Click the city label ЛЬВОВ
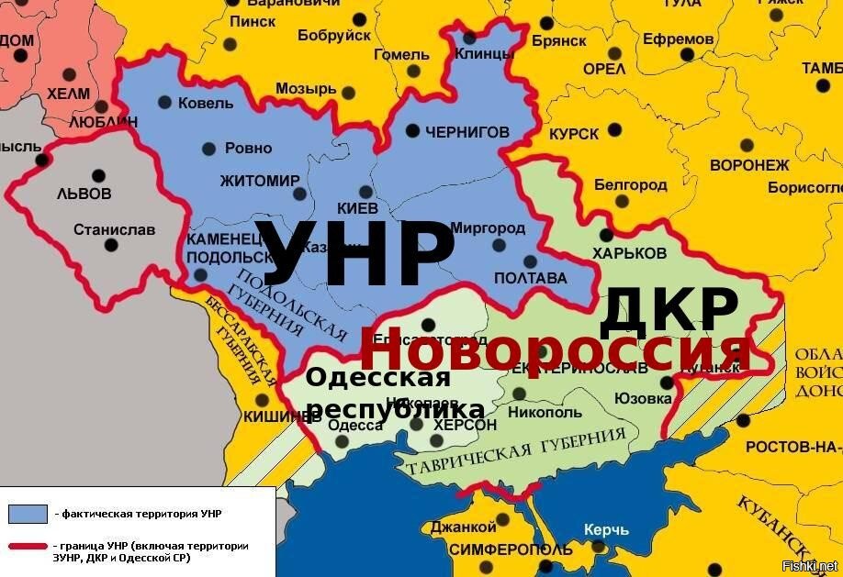[84, 194]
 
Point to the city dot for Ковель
[164, 102]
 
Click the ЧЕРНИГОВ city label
[466, 132]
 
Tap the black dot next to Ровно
[208, 148]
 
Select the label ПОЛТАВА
[531, 278]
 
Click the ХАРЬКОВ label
[629, 252]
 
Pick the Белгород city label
[631, 184]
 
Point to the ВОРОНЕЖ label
[749, 165]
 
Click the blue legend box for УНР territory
[28, 513]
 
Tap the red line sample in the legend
[28, 548]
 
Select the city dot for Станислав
[111, 245]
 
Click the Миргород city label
[488, 227]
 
